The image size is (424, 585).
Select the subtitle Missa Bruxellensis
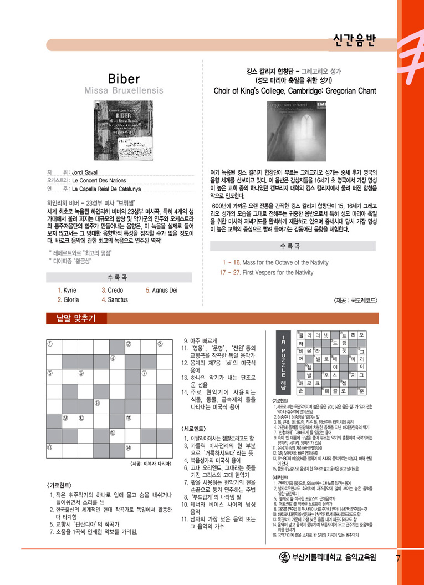(124, 90)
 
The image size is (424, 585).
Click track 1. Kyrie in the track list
(67, 291)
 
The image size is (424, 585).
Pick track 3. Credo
(113, 291)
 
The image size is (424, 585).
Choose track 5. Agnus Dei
(161, 291)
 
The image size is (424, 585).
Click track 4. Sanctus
(115, 299)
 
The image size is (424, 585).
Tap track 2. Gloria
(68, 299)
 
